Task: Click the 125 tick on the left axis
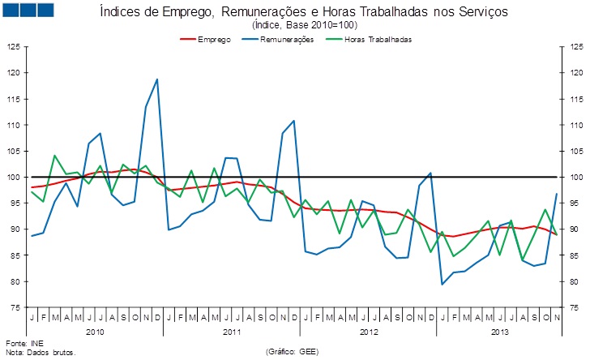(x=12, y=47)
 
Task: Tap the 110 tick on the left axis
(x=12, y=126)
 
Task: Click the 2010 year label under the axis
(x=95, y=332)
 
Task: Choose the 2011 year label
(x=232, y=332)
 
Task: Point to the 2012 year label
(x=369, y=332)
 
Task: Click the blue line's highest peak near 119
(x=156, y=79)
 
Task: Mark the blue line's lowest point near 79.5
(x=442, y=284)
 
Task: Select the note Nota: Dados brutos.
(x=41, y=353)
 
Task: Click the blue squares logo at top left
(x=28, y=10)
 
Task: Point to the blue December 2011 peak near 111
(x=293, y=121)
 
